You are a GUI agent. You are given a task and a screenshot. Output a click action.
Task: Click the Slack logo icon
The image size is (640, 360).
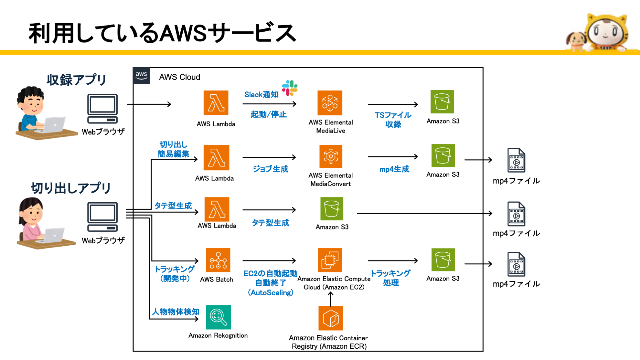tap(290, 88)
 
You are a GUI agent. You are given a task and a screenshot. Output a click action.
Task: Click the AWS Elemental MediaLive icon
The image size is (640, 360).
tap(330, 103)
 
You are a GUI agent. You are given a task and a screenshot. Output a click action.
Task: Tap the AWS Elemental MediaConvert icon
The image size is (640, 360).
tap(330, 156)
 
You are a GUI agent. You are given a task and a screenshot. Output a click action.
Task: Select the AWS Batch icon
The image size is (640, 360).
tap(218, 260)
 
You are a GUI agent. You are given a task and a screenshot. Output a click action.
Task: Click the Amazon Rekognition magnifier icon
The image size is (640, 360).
tap(219, 317)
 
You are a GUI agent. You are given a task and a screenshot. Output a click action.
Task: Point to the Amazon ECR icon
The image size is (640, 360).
tap(330, 318)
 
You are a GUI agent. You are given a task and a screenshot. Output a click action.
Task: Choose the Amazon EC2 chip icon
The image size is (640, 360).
tap(330, 260)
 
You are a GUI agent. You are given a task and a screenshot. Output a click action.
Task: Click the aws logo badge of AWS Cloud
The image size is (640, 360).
tap(141, 76)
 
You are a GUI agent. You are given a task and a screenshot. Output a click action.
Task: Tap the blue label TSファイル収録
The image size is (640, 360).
tap(393, 120)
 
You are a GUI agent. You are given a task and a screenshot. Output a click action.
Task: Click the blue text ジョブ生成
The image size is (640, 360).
tap(270, 169)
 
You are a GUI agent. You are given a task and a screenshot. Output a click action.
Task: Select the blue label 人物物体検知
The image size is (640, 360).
tap(176, 312)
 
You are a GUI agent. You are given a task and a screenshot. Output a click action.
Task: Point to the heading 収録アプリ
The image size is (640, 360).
tap(76, 79)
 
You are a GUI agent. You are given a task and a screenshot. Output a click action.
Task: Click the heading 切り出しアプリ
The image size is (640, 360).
tap(70, 188)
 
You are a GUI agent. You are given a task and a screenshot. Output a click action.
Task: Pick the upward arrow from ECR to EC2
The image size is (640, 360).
tap(330, 299)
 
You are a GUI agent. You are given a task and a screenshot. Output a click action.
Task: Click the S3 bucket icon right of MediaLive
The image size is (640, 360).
tap(442, 101)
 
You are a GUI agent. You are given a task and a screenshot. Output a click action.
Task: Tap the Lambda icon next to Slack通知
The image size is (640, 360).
tap(216, 103)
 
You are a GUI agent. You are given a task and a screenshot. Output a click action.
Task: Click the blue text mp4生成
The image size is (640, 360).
tap(394, 169)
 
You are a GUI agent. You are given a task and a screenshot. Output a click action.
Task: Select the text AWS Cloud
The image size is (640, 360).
tap(179, 77)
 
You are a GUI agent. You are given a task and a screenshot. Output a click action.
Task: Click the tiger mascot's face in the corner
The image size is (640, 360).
tap(605, 32)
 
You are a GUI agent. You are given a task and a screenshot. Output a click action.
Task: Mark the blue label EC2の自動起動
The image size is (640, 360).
tap(270, 273)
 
